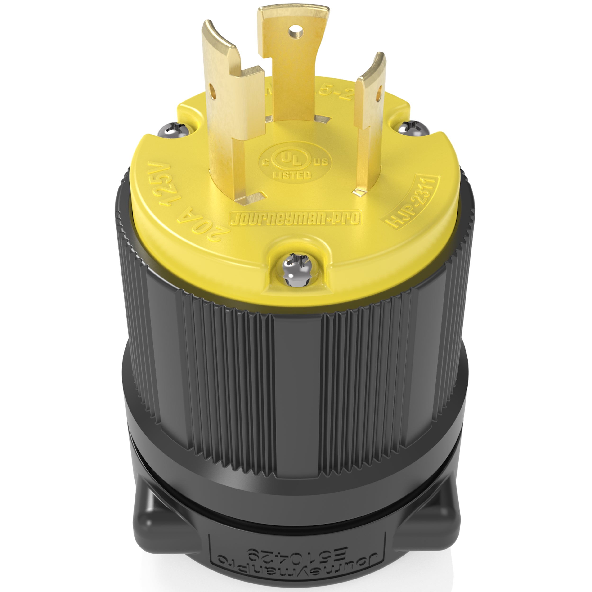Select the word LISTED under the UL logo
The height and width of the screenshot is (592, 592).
click(292, 175)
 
